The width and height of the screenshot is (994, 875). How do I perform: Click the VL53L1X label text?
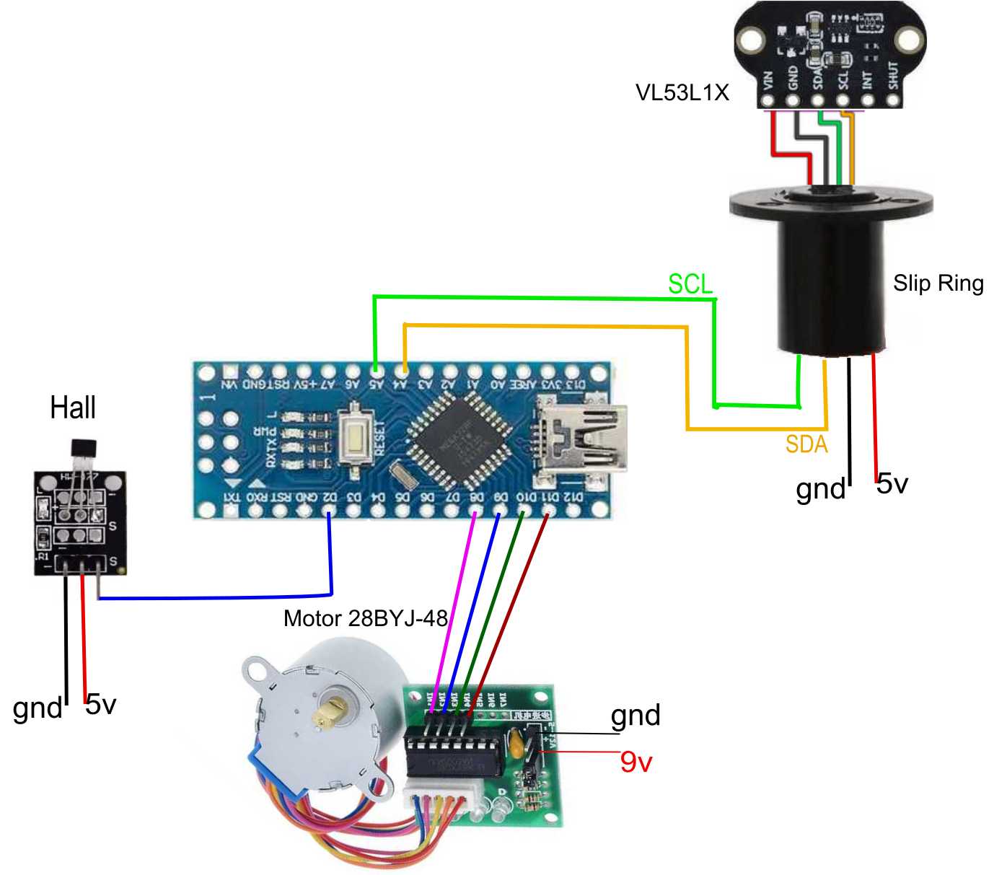coord(682,93)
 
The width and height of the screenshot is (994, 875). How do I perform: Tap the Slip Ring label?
coord(938,283)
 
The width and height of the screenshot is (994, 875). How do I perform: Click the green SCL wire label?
coord(690,284)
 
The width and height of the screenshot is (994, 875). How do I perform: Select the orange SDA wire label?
coord(806,444)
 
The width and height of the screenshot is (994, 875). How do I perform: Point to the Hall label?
coord(73,408)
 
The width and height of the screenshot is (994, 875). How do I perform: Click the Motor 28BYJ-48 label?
coord(366,618)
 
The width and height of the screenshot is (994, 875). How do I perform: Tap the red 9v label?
coord(635,762)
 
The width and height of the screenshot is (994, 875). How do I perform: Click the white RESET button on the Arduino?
coord(356,436)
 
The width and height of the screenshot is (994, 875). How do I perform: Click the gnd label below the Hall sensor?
coord(38,708)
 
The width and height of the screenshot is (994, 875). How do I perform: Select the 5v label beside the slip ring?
coord(892,483)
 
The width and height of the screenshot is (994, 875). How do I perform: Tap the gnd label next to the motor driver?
coord(635,716)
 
